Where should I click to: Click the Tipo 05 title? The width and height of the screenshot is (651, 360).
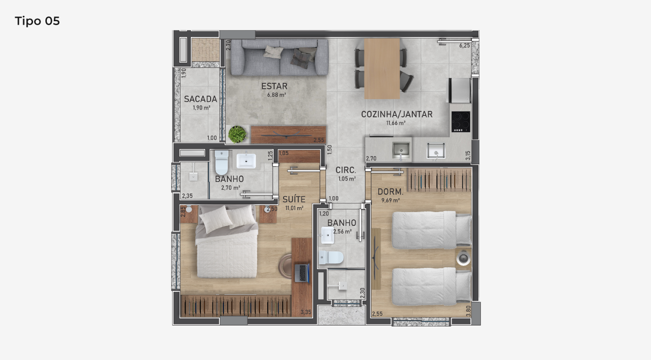[37, 21]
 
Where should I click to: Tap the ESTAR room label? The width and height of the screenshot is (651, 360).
[274, 86]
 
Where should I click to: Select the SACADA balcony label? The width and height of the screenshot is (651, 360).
[201, 99]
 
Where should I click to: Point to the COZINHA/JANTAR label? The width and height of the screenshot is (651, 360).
[397, 114]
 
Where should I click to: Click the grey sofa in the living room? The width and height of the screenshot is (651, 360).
[280, 57]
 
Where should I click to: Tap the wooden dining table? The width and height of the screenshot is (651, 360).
[382, 69]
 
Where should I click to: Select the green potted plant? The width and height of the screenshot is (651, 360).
[237, 134]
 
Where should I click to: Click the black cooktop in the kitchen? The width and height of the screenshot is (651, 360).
[461, 121]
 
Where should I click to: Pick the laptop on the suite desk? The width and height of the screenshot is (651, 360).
[302, 273]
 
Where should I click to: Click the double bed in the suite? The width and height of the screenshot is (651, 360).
[227, 241]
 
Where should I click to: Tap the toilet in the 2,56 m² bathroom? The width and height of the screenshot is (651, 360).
[331, 258]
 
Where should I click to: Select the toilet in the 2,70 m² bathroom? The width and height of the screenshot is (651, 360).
[221, 162]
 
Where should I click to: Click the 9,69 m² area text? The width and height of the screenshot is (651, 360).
[390, 200]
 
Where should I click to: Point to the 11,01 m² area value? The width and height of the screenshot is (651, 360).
[294, 208]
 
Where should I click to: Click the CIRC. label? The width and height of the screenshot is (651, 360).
[346, 170]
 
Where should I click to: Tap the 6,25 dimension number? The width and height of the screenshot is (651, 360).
[465, 46]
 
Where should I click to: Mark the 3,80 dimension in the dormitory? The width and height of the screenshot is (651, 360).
[468, 311]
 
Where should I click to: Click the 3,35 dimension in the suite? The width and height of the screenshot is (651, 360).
[306, 312]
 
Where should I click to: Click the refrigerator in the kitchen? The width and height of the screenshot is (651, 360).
[460, 90]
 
